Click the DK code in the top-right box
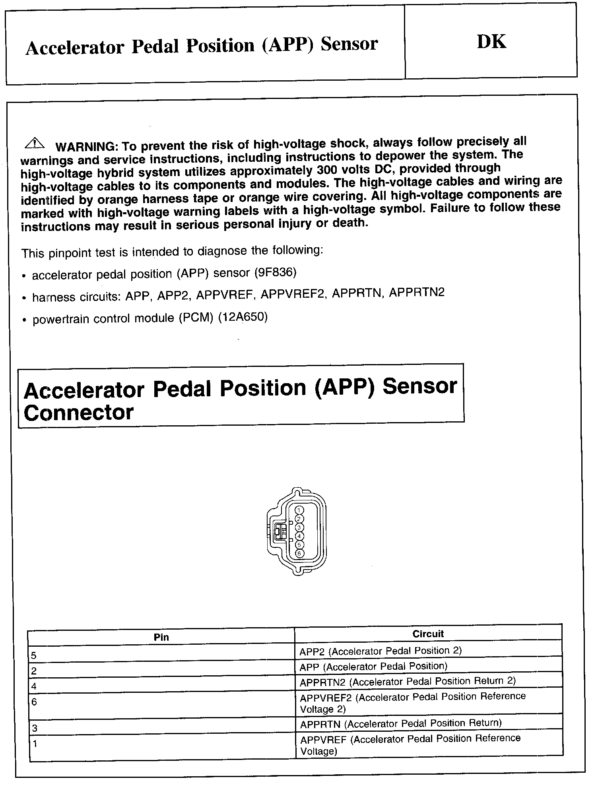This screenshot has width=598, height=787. (x=491, y=42)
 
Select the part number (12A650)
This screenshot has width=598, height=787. (x=243, y=318)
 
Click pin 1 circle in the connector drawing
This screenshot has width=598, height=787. (x=300, y=510)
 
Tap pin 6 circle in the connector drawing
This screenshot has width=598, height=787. (x=300, y=553)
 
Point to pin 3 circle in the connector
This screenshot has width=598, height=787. (x=300, y=527)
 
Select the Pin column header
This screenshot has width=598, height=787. (x=161, y=637)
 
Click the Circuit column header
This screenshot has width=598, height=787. (x=428, y=634)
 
